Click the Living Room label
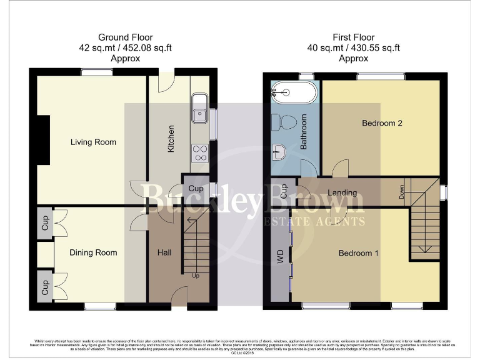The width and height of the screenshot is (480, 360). [x=93, y=142]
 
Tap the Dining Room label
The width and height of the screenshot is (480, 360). [x=93, y=253]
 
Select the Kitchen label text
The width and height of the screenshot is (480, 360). [x=171, y=139]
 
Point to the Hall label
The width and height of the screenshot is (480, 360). [x=164, y=252]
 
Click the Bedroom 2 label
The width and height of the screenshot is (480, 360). [x=382, y=123]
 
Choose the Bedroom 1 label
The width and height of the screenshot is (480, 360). [x=359, y=253]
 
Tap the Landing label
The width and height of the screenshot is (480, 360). [x=342, y=193]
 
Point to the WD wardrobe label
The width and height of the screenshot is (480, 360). [x=281, y=257]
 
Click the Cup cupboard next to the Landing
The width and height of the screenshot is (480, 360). [x=283, y=190]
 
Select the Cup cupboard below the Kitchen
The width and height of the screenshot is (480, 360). [x=196, y=189]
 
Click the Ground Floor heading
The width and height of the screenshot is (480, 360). [x=126, y=37]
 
